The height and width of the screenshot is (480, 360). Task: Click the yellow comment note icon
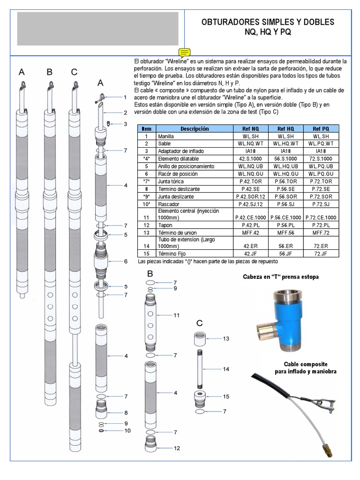tap(185, 52)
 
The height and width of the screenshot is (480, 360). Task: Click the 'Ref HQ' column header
tap(285, 129)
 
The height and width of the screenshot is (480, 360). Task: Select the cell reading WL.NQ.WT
tap(250, 144)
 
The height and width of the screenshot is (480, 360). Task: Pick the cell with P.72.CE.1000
tap(321, 217)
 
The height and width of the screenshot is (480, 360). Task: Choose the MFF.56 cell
tap(285, 232)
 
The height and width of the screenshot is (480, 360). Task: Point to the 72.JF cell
tap(321, 253)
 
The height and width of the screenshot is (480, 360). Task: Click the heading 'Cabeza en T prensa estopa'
tap(280, 277)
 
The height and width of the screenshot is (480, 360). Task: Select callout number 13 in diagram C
tap(226, 338)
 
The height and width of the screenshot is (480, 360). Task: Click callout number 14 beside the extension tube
tap(226, 369)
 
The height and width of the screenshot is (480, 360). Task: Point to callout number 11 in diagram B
tap(176, 315)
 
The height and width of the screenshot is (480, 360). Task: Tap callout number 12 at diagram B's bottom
tap(177, 448)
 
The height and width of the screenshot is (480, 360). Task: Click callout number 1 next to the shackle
tap(125, 97)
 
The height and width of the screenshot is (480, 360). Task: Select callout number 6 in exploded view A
tap(126, 262)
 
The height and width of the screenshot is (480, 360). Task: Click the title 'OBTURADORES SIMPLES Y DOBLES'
tap(268, 22)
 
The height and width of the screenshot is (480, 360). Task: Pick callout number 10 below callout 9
tap(127, 430)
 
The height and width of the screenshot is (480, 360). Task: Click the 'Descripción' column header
tap(194, 129)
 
